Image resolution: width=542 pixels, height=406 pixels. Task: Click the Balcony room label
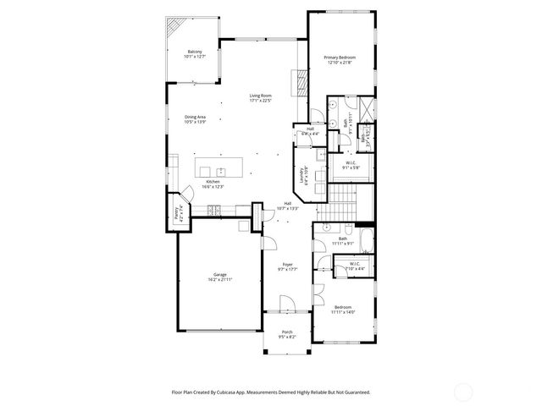[x=195, y=54]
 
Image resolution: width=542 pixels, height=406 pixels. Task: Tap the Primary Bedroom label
[x=340, y=59]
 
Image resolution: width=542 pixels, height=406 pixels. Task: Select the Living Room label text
[x=259, y=98]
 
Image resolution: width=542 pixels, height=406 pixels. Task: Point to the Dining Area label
[x=195, y=119]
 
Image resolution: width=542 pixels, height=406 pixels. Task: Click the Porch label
[x=288, y=334]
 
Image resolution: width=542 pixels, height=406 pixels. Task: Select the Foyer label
[x=288, y=267]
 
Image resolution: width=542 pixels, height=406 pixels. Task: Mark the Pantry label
[x=179, y=215]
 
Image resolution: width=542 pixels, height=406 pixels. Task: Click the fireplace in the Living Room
[x=297, y=82]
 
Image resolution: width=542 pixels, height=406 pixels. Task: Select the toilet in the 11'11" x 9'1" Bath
[x=348, y=229]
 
